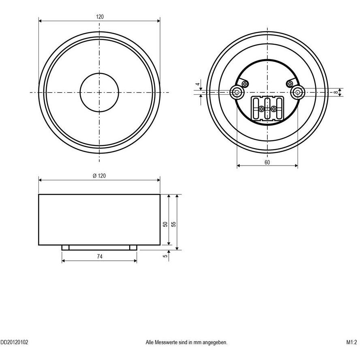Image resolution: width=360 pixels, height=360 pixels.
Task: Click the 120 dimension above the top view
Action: point(100,17)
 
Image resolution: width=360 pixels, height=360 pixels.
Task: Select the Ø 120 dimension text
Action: point(99,176)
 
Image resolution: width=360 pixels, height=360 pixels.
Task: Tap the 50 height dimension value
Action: point(165,224)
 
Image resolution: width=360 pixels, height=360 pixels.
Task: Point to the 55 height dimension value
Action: point(174,224)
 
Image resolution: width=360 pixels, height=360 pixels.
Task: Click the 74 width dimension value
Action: point(99,256)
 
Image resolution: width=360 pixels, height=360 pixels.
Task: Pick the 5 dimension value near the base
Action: point(165,256)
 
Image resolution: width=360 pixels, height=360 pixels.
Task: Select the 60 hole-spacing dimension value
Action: point(267,162)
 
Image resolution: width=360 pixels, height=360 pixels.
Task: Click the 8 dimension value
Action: point(335,92)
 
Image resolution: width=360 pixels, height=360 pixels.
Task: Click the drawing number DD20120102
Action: point(14,342)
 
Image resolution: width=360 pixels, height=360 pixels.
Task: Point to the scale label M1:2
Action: point(351,342)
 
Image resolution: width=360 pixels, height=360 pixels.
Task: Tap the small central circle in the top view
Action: point(99,92)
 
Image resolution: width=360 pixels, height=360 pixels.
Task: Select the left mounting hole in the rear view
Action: point(236,93)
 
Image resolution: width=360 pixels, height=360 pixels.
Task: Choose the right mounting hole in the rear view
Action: point(298,93)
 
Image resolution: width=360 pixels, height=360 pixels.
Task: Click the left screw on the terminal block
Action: point(262,109)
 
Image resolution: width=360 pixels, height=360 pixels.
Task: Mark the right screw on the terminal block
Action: point(274,109)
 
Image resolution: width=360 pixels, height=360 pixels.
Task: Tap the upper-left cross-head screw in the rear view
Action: point(245,83)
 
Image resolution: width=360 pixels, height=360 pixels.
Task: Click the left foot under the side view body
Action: point(65,247)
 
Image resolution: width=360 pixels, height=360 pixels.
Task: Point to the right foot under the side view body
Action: point(133,247)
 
